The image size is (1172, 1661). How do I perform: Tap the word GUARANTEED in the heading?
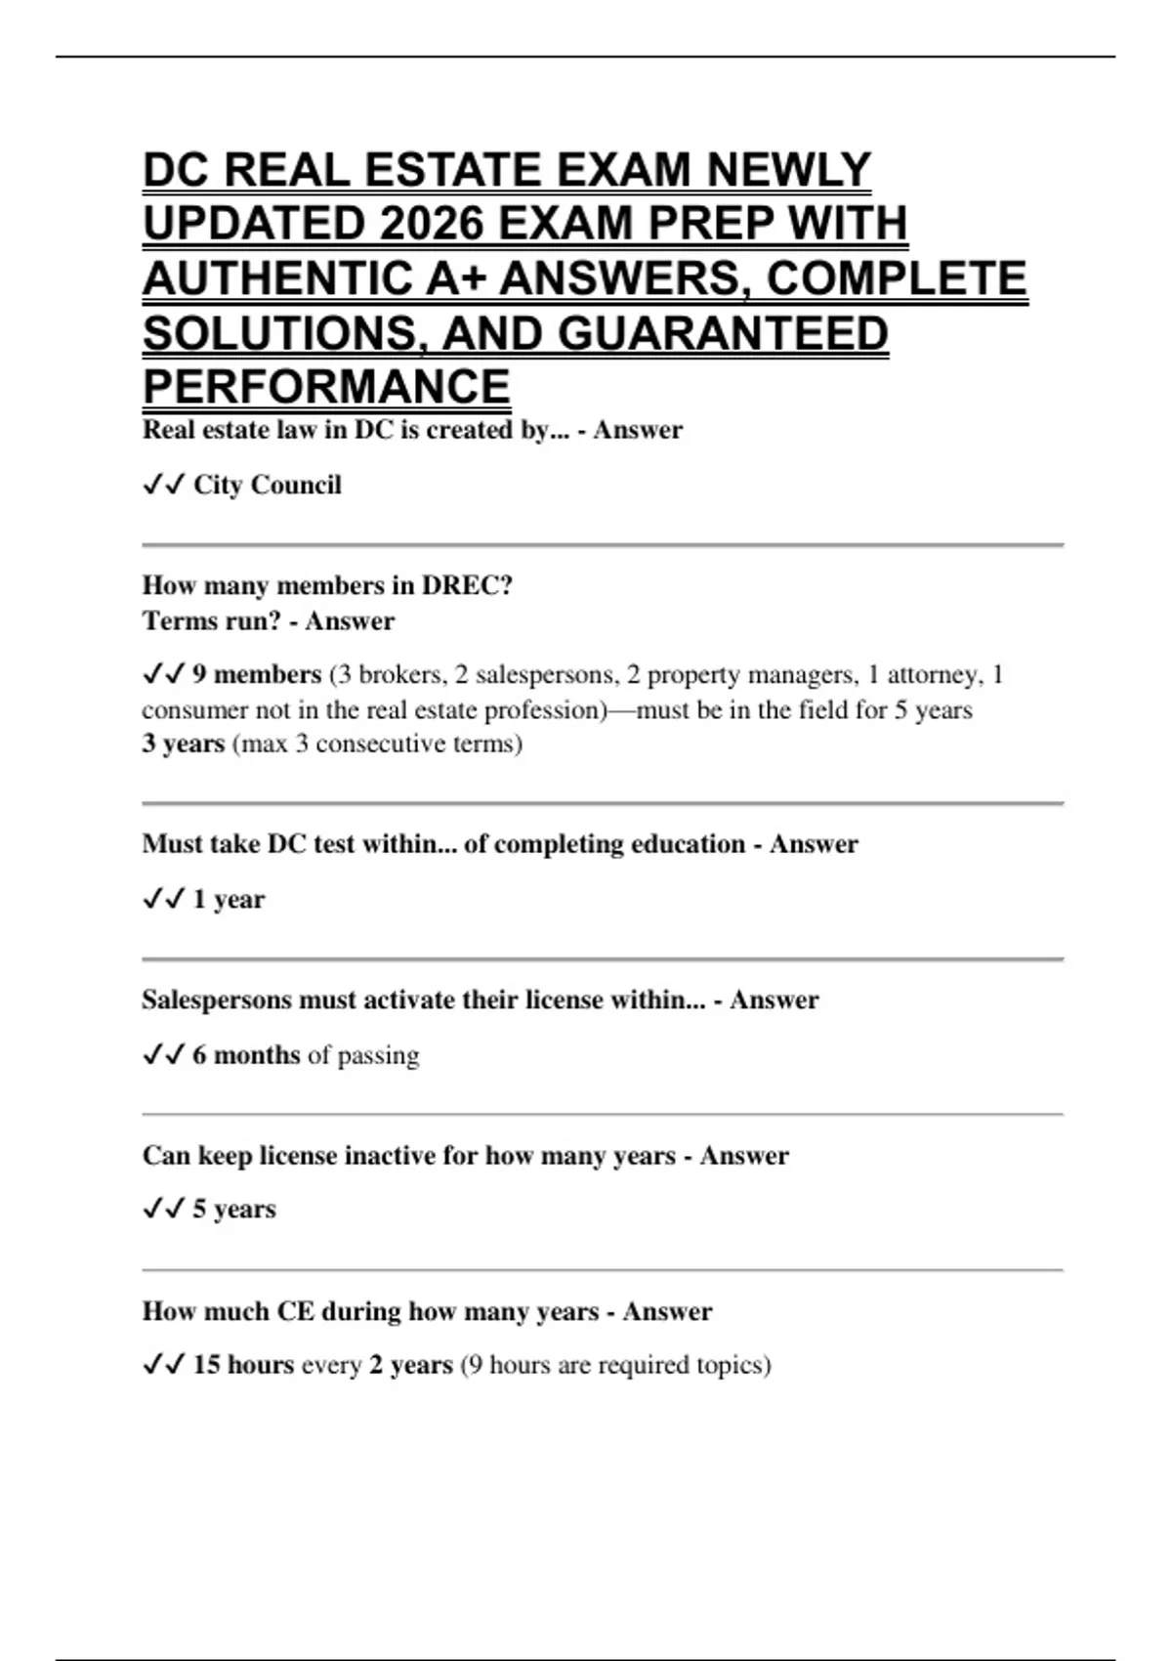point(723,333)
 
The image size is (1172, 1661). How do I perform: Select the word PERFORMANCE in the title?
point(326,386)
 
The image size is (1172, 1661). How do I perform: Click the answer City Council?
point(267,485)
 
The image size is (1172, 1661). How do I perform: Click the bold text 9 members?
point(256,674)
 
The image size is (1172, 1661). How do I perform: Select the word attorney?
point(934,674)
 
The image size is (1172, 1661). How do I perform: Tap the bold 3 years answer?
point(183,744)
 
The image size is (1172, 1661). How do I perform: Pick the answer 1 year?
point(229,899)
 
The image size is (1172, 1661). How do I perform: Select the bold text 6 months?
point(246,1055)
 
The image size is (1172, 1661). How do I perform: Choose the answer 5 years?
point(233,1209)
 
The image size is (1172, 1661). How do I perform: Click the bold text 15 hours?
point(243,1364)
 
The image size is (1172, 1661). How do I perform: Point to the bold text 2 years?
point(410,1364)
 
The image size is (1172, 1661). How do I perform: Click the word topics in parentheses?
point(732,1364)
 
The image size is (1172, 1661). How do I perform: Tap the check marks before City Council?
point(162,485)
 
